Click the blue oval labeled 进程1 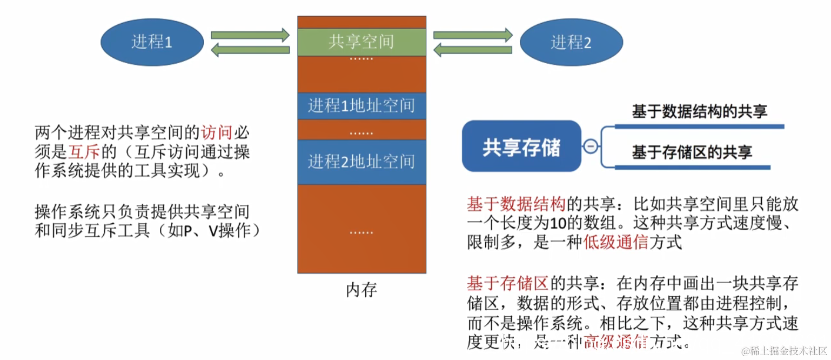pos(152,42)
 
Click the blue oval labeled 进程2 pos(571,42)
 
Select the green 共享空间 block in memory pos(361,42)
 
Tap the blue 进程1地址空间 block pos(361,105)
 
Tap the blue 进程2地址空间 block pos(361,161)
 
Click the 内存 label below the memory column pos(361,290)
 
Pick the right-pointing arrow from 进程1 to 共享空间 pos(250,35)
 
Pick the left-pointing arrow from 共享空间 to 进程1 pos(250,51)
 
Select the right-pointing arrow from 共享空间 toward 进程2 pos(473,35)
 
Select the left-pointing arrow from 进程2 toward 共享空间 pos(473,51)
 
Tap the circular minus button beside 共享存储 pos(591,146)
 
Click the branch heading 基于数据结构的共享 pos(700,112)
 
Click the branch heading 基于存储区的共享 pos(692,152)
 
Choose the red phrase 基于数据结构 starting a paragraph pos(516,204)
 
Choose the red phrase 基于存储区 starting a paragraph pos(508,282)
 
